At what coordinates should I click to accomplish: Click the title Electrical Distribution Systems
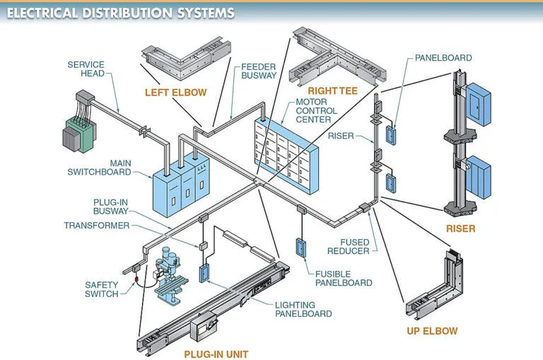click(120, 13)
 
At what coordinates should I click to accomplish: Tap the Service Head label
click(86, 69)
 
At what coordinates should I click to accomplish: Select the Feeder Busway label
click(259, 71)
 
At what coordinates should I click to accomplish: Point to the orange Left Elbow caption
click(175, 93)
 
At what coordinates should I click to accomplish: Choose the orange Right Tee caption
click(332, 91)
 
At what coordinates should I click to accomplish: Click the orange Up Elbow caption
click(432, 331)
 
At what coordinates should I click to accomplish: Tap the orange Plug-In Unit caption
click(216, 354)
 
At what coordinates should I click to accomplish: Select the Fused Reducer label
click(349, 247)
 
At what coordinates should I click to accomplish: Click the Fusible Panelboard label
click(344, 278)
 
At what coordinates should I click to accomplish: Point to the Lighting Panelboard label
click(303, 309)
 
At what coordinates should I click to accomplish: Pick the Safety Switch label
click(102, 289)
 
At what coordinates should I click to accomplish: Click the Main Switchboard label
click(100, 168)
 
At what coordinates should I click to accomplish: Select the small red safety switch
click(136, 279)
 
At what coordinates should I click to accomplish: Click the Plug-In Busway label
click(111, 207)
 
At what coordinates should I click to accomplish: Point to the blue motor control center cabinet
click(286, 156)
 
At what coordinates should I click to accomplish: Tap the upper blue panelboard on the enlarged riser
click(478, 105)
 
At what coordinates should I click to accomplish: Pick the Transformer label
click(97, 226)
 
